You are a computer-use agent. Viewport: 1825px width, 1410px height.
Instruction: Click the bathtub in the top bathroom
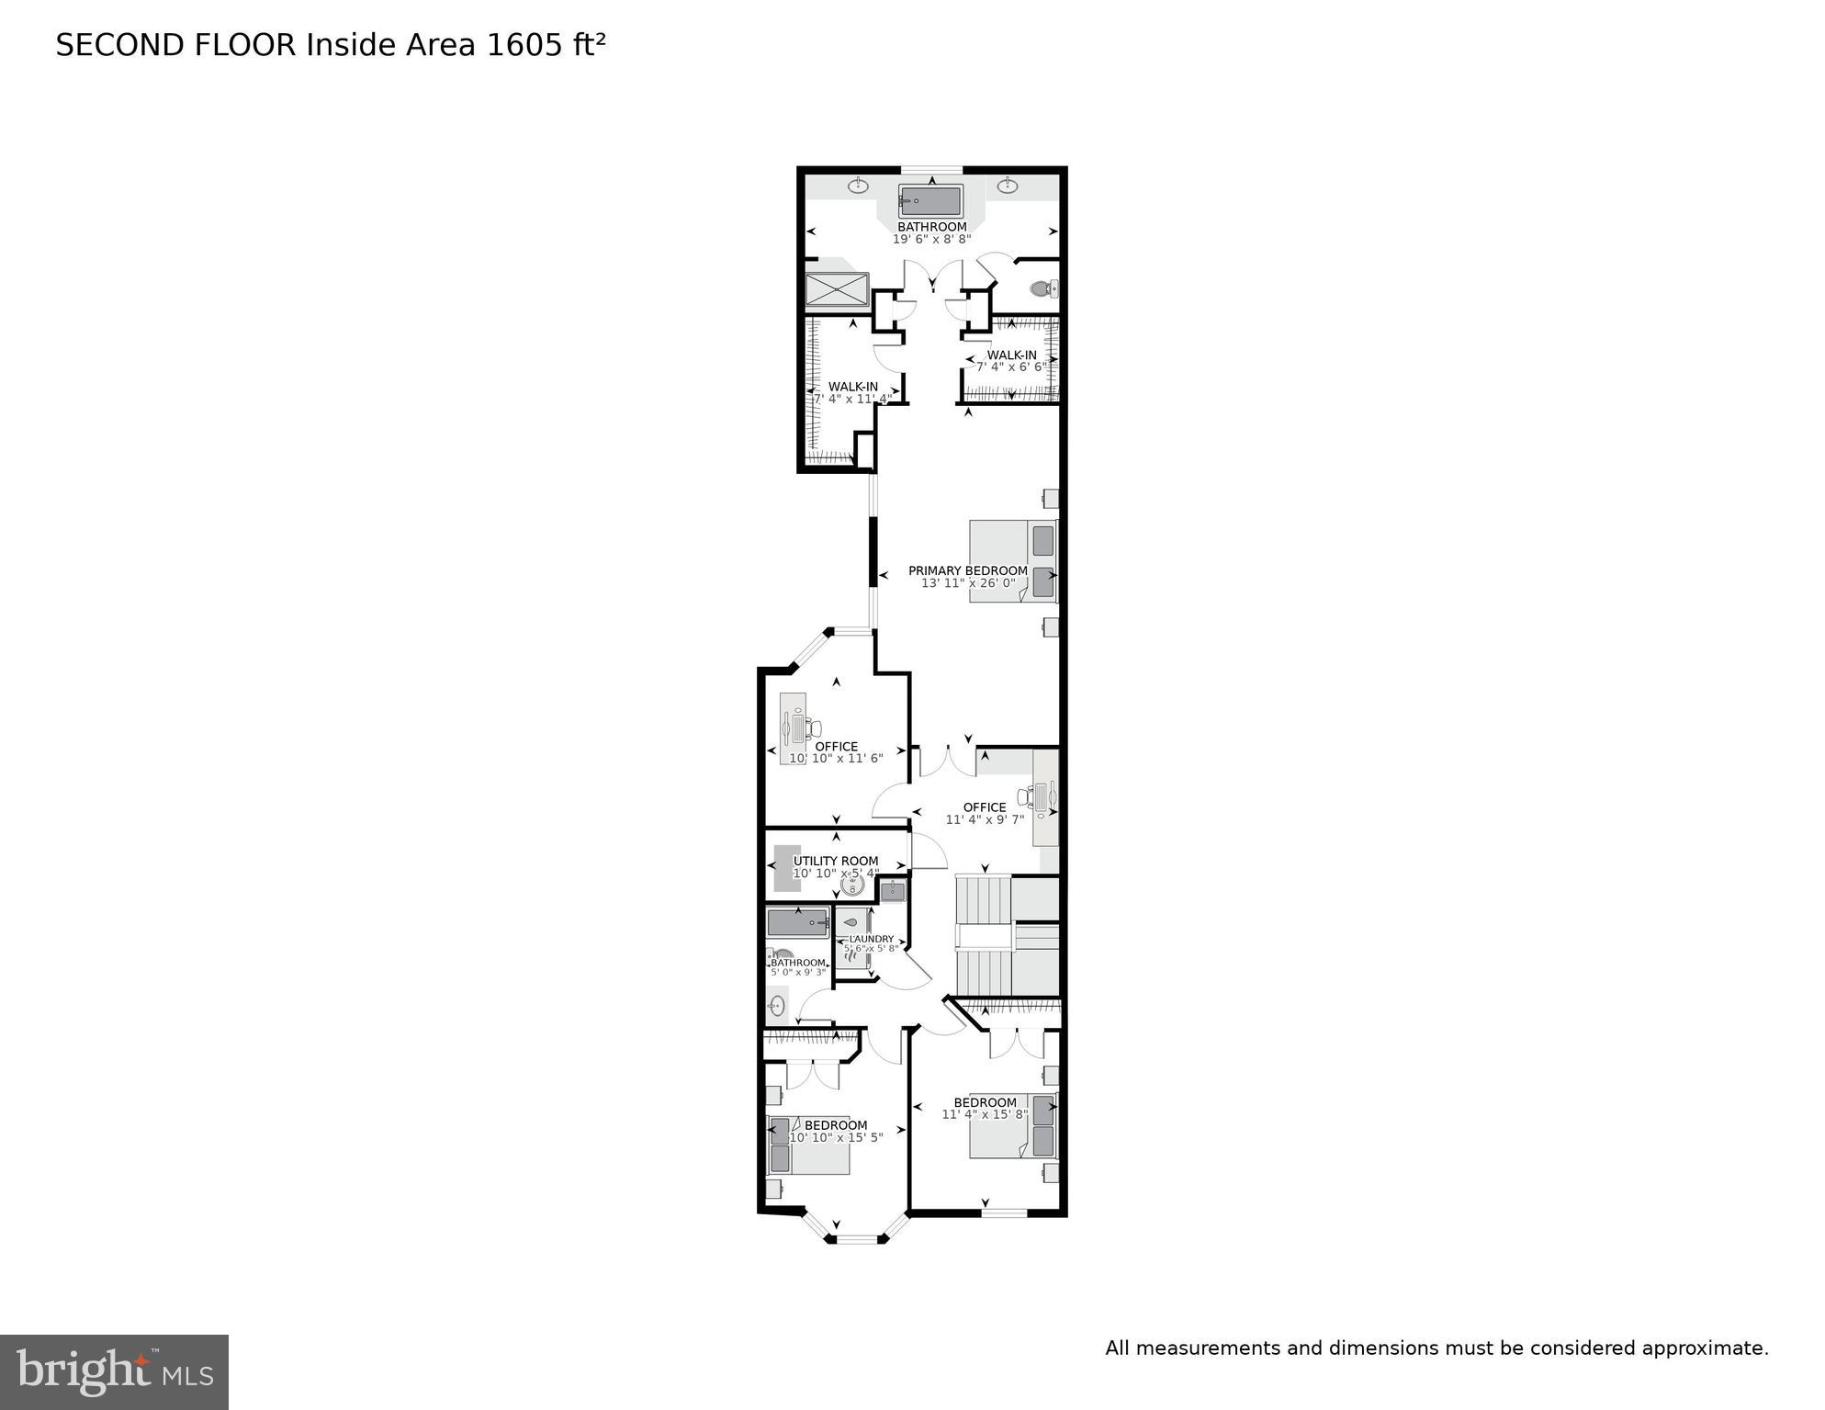point(930,201)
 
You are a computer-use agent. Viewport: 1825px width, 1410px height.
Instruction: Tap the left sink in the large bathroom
point(858,186)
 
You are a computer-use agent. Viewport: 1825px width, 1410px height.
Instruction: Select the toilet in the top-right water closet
point(1042,289)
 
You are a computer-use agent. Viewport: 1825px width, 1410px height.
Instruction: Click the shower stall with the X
point(837,289)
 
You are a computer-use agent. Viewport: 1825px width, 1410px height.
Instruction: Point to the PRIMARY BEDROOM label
point(968,570)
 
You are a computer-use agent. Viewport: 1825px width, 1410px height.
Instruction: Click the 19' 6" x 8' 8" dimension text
point(931,240)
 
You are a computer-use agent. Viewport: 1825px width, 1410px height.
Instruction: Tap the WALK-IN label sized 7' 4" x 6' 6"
point(1011,355)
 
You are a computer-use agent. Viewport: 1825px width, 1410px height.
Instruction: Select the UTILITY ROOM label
point(836,862)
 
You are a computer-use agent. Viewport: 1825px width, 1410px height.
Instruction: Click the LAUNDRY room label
point(871,939)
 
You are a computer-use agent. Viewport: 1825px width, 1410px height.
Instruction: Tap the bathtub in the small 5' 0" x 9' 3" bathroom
point(798,922)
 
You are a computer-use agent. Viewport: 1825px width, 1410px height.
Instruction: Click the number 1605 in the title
point(520,45)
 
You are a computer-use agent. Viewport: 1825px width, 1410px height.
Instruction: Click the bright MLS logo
point(114,1371)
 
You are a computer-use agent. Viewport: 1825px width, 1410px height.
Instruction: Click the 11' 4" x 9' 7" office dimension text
point(985,820)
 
